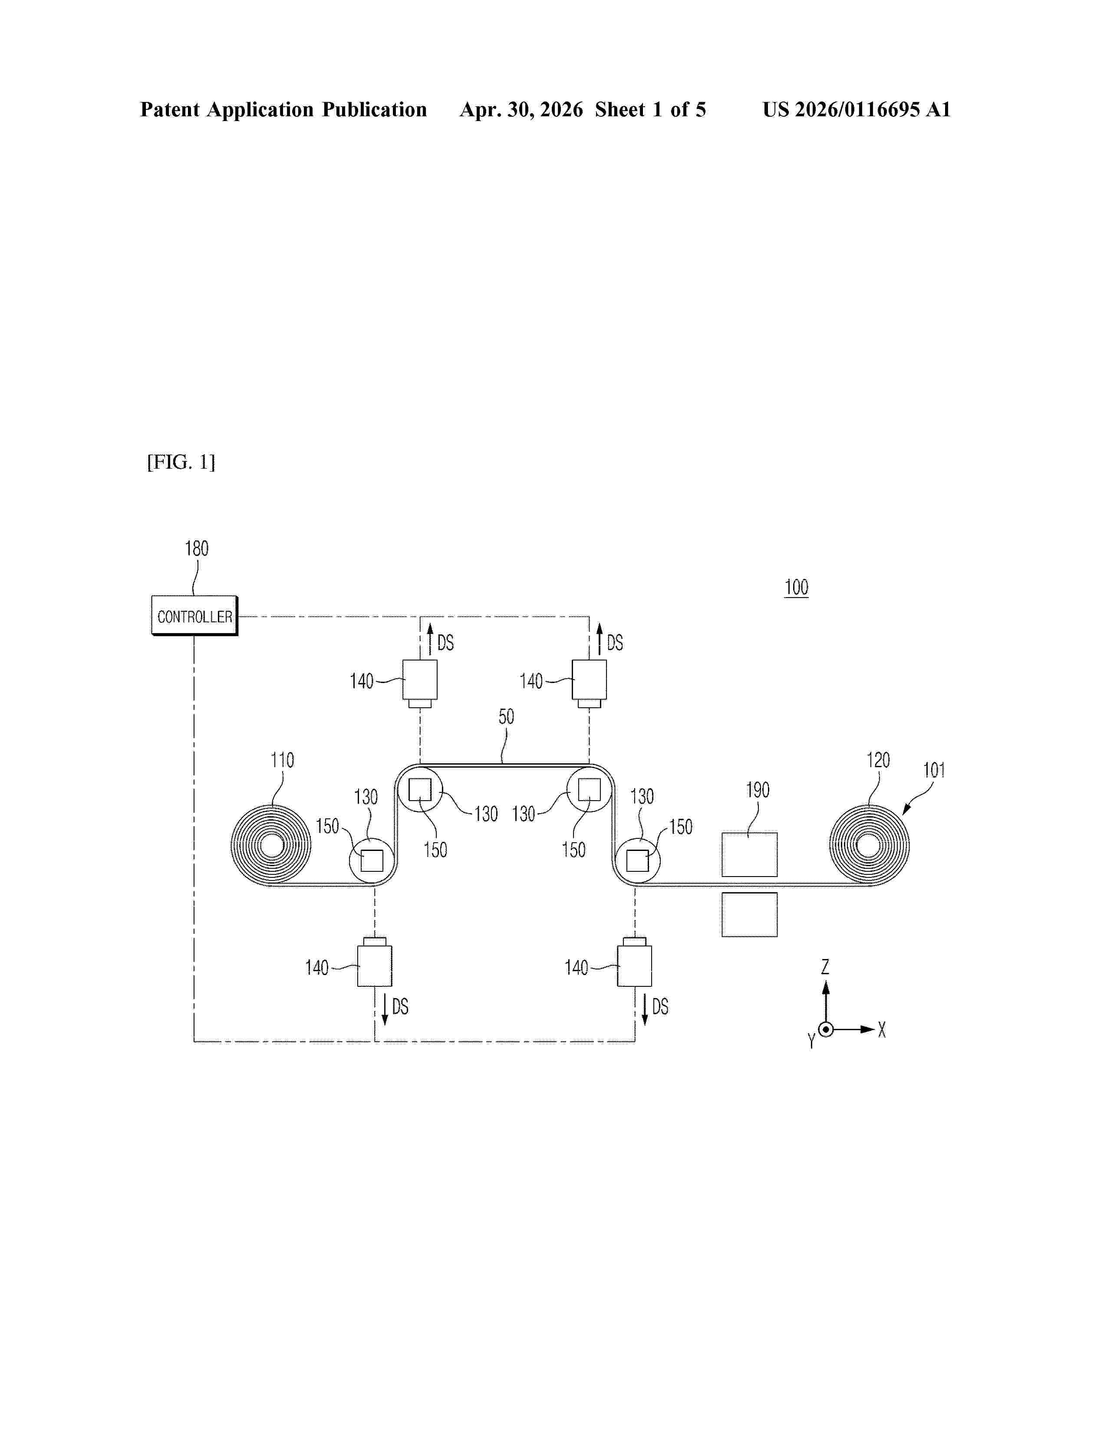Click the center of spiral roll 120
point(869,846)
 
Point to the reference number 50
point(506,717)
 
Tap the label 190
point(758,790)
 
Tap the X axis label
point(882,1030)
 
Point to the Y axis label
point(811,1041)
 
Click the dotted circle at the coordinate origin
point(826,1029)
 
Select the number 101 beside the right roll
point(934,770)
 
